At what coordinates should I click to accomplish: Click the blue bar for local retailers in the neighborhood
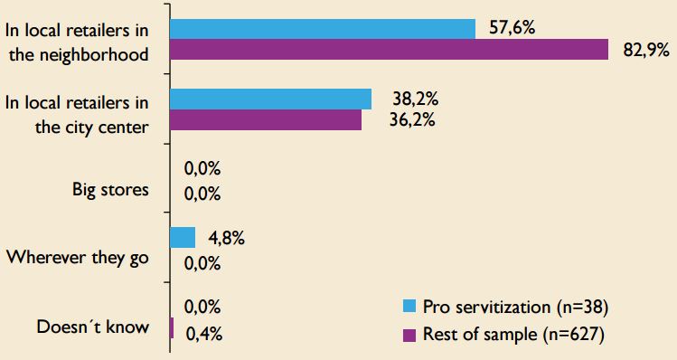pos(322,29)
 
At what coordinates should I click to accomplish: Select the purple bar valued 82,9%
pos(389,50)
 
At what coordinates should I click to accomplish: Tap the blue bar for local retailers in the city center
pos(270,99)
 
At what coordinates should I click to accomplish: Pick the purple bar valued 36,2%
pos(265,119)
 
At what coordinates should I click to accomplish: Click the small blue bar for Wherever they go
pos(183,238)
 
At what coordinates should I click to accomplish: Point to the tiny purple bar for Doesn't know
pos(171,328)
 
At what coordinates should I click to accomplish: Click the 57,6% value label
pos(512,28)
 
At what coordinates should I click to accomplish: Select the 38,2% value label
pos(411,98)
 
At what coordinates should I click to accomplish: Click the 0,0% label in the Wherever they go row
pos(202,264)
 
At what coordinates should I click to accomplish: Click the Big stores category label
pos(110,190)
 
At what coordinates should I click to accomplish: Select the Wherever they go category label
pos(77,257)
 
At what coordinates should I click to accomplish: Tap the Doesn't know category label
pos(93,326)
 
